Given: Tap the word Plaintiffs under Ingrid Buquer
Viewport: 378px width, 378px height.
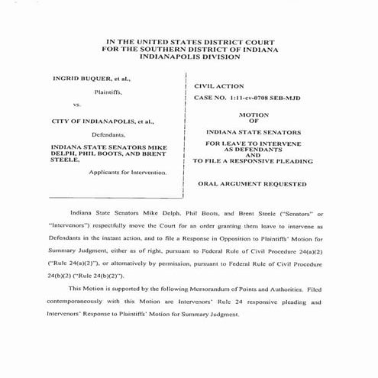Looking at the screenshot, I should [111, 92].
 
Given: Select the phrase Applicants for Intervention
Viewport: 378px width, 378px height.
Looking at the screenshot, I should [124, 172].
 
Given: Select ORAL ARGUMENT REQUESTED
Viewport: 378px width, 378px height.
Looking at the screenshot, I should [252, 184].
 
